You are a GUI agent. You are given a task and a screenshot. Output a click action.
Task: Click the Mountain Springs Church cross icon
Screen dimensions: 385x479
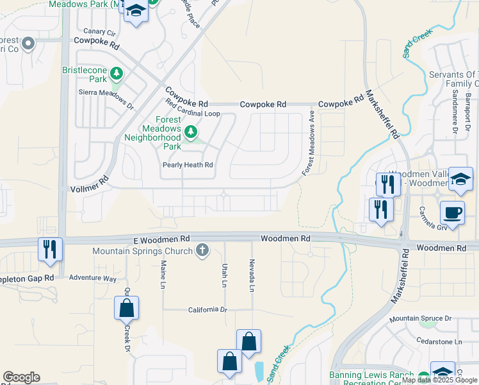coord(202,250)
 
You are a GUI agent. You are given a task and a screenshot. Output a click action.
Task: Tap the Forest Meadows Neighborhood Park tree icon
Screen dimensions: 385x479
coord(190,132)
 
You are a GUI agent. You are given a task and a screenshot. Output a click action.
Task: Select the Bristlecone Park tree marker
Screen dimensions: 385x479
coord(116,74)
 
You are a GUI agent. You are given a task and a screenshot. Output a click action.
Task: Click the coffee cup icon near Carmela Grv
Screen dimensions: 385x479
coord(452,213)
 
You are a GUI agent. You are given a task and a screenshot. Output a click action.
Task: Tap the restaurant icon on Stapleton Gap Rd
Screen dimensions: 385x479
coord(50,248)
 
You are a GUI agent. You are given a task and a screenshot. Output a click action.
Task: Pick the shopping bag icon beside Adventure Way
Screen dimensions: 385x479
coord(127,308)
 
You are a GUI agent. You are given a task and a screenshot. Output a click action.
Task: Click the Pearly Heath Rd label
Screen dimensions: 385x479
coord(186,165)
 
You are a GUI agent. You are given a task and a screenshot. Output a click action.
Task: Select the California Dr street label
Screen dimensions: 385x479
coord(207,310)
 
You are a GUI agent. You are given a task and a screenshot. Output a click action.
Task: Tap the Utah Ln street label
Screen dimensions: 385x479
coord(225,274)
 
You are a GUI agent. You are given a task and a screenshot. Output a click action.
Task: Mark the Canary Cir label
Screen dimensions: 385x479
coord(99,32)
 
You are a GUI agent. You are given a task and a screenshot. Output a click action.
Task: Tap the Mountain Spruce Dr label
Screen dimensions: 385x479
coord(421,318)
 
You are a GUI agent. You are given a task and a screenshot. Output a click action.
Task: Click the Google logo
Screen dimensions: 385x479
coord(21,377)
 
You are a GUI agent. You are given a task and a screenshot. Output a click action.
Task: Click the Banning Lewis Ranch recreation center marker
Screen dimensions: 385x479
coord(423,377)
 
